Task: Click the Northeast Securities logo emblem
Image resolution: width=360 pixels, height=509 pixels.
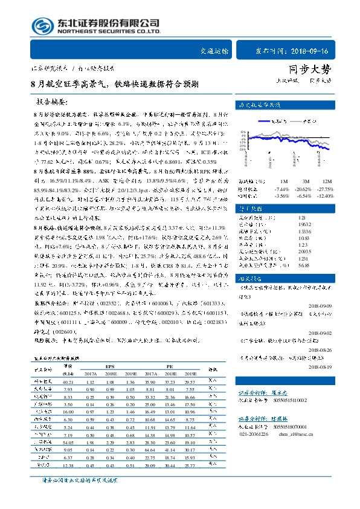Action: coord(43,27)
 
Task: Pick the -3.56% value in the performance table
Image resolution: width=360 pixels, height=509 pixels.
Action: coord(283,196)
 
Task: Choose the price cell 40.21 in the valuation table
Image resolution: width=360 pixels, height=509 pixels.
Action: coord(68,382)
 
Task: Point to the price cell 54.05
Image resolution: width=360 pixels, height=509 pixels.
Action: coord(68,443)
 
